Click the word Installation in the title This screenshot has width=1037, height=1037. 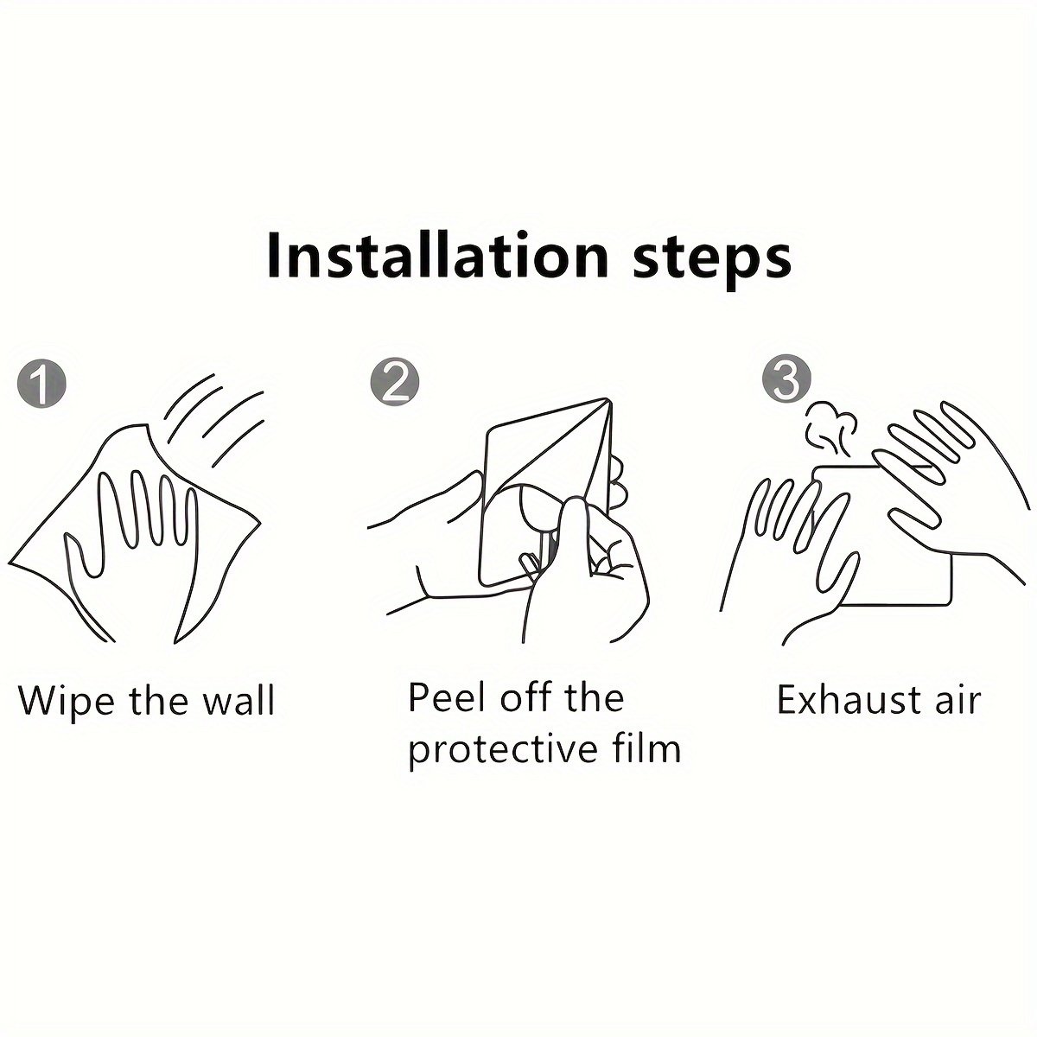437,255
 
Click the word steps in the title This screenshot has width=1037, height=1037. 711,260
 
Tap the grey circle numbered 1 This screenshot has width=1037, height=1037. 42,384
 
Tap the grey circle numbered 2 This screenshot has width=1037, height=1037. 395,384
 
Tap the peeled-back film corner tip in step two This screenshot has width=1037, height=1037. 607,399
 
